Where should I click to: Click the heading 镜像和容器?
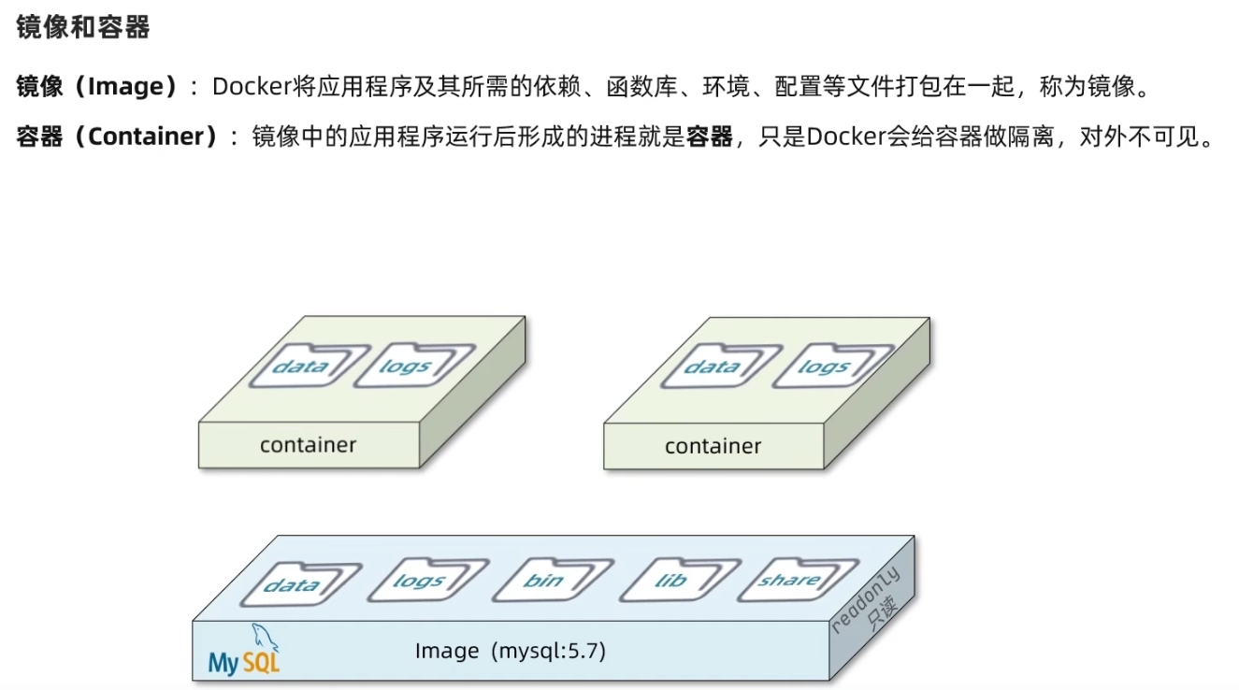coord(83,28)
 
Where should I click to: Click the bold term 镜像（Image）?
coord(97,87)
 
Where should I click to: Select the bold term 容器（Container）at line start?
coord(117,137)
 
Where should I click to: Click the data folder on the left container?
coord(299,366)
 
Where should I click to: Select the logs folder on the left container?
coord(404,366)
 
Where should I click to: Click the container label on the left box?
coord(308,445)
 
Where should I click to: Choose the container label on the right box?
coord(713,446)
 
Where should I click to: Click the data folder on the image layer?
coord(292,585)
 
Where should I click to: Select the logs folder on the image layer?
coord(417,582)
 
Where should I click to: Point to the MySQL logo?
coord(245,651)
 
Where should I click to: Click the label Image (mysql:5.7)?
coord(510,650)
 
